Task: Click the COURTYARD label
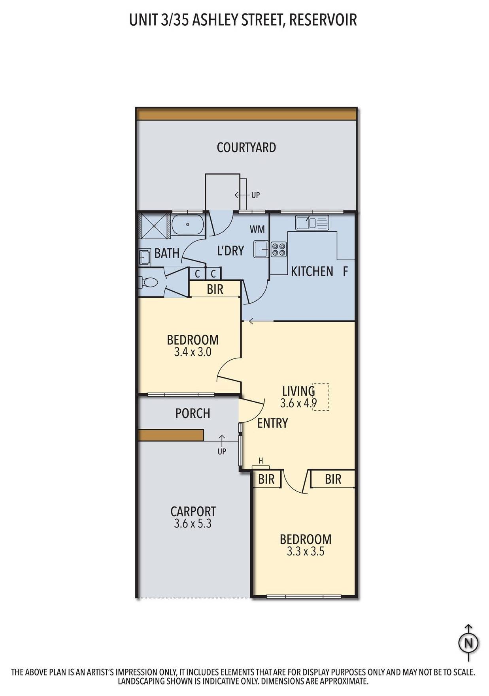click(x=246, y=147)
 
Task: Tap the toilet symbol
click(x=148, y=282)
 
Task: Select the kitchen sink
click(x=312, y=223)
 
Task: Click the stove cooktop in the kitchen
click(x=278, y=249)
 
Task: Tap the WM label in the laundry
click(x=257, y=229)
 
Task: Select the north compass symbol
click(x=468, y=643)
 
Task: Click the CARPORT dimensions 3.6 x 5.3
click(x=193, y=524)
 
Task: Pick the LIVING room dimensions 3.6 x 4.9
click(x=298, y=403)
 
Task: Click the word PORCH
click(x=193, y=413)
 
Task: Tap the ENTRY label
click(x=272, y=423)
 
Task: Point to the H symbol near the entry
click(x=261, y=461)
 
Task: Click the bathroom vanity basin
click(x=144, y=258)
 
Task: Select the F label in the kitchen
click(x=345, y=272)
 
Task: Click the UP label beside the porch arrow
click(x=222, y=451)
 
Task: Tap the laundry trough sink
click(x=261, y=249)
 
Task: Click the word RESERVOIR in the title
click(x=323, y=20)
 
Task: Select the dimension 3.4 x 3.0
click(x=193, y=352)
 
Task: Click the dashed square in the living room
click(x=321, y=397)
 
